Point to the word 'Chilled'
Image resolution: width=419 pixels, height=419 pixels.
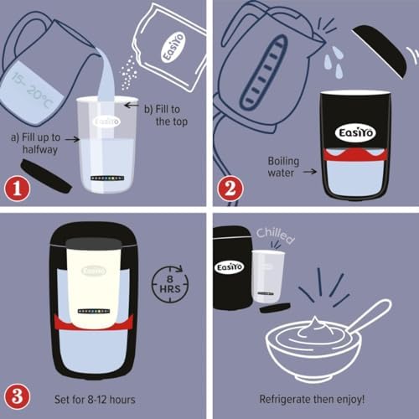277,232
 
